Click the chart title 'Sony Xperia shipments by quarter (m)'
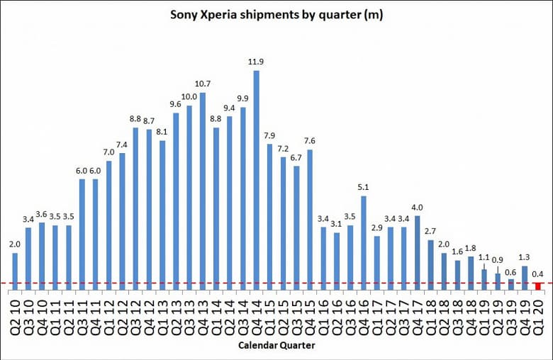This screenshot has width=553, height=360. tap(276, 15)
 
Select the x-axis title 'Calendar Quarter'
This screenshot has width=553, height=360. tap(276, 345)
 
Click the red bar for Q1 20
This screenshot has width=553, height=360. tap(539, 286)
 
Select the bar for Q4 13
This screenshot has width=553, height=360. tap(203, 191)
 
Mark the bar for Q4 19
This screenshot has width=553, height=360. tap(525, 277)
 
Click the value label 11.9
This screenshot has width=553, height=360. tap(256, 62)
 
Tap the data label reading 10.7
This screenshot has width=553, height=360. tap(203, 84)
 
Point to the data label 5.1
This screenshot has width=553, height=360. tap(364, 187)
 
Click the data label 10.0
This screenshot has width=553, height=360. tap(189, 96)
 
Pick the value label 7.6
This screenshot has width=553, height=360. tap(310, 140)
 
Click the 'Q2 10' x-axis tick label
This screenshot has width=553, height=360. tap(15, 313)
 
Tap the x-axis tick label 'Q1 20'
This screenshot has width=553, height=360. tap(539, 313)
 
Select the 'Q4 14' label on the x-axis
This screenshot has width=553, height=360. tap(256, 313)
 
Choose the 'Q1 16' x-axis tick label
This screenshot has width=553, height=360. tap(323, 313)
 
